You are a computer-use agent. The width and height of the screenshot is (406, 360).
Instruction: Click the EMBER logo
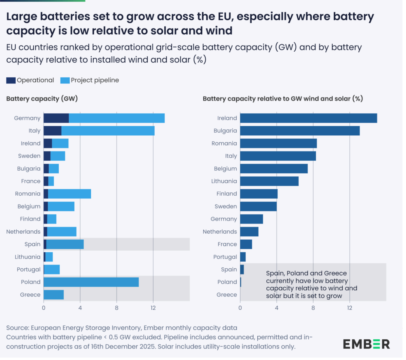(366, 344)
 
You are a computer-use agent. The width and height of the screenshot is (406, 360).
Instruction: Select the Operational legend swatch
(11, 80)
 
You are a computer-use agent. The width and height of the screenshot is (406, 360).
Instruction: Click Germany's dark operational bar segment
(56, 118)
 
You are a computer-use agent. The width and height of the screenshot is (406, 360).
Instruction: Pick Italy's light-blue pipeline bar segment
(108, 131)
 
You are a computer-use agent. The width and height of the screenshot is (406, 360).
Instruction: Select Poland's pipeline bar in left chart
(91, 282)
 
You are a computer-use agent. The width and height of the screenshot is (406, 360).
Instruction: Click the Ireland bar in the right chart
(308, 118)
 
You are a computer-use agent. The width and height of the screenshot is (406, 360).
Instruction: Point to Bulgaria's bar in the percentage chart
(300, 131)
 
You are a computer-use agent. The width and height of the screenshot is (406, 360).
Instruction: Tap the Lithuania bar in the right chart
(269, 181)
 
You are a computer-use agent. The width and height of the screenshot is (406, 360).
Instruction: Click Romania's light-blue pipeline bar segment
(69, 194)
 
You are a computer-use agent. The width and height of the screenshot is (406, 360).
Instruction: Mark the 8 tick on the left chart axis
(117, 308)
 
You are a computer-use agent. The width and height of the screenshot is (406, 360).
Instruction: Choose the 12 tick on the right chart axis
(350, 308)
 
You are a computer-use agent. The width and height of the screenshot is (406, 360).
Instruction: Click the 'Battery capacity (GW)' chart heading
(42, 99)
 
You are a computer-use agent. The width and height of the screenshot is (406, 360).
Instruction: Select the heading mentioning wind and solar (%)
(283, 99)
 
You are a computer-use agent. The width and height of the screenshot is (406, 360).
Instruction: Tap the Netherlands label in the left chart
(23, 232)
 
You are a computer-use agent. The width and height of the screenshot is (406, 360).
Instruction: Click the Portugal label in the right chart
(225, 257)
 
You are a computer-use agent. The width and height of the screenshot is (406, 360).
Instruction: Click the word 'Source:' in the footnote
(18, 328)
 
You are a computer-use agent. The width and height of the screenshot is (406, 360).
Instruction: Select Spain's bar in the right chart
(242, 269)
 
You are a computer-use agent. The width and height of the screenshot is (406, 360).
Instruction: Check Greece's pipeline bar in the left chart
(54, 295)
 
